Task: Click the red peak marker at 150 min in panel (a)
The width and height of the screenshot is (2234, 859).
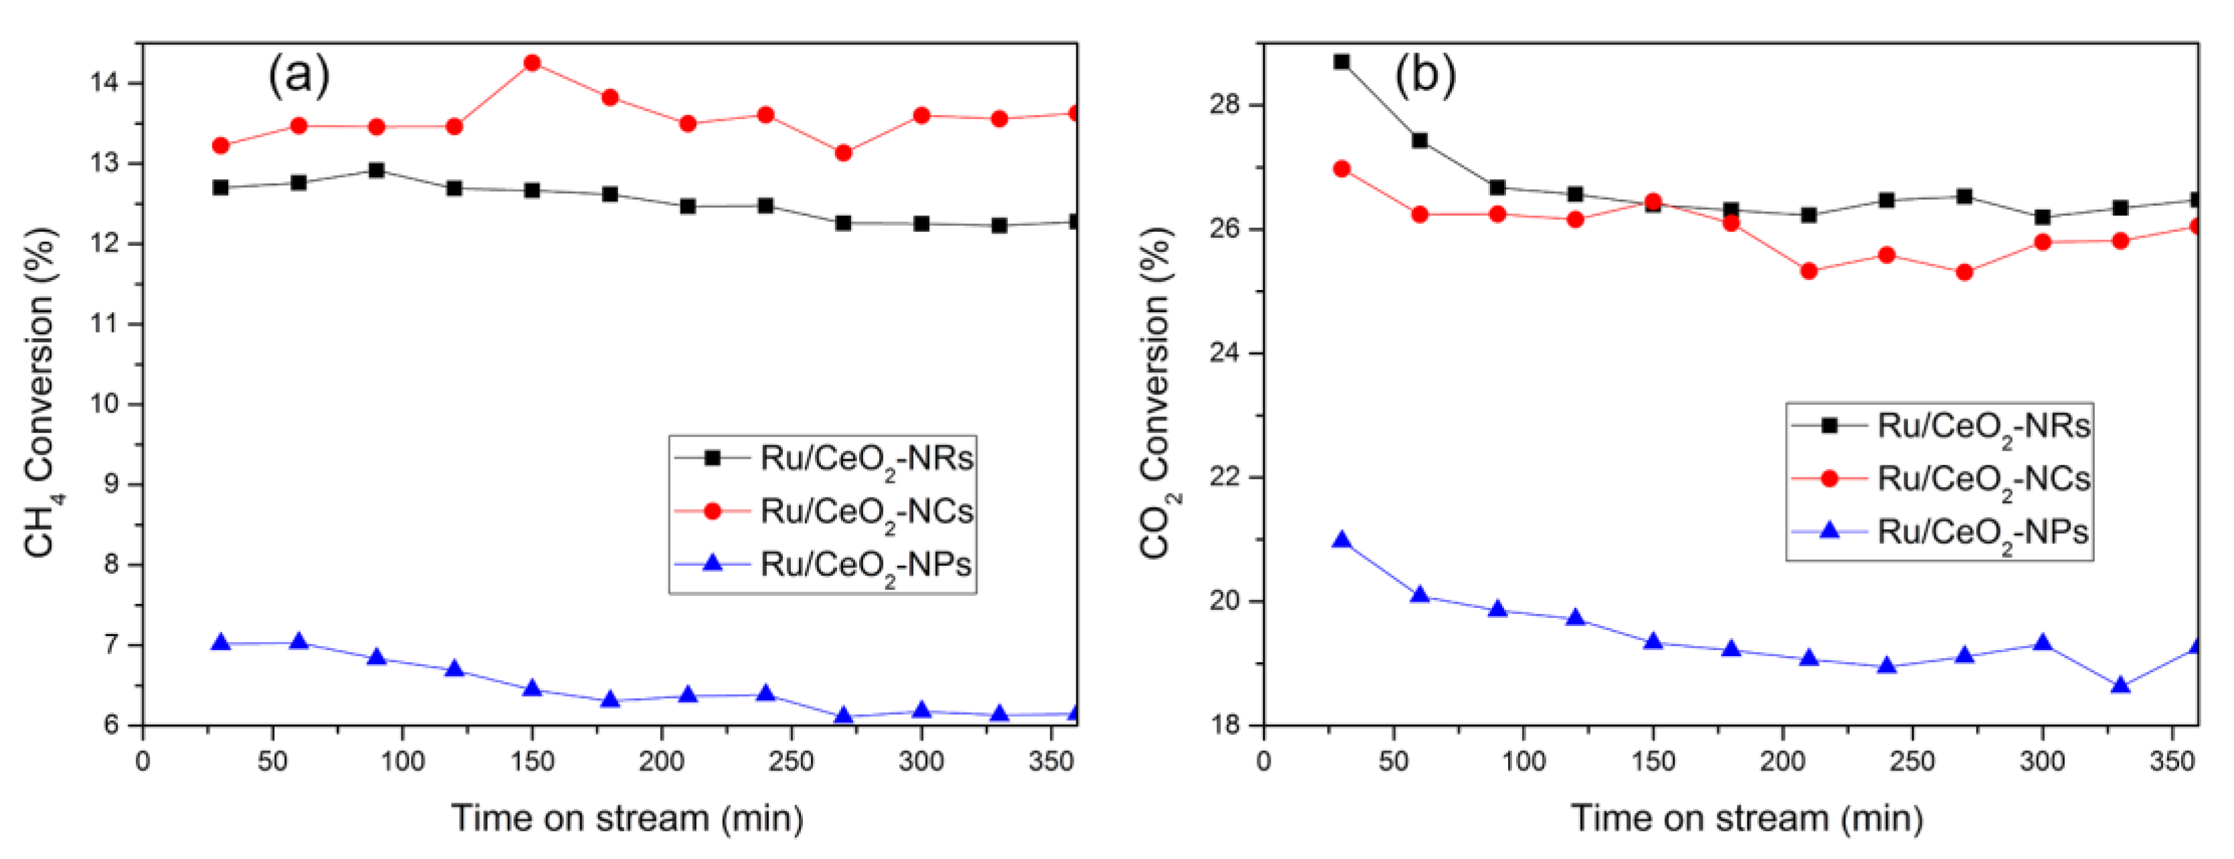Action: point(533,64)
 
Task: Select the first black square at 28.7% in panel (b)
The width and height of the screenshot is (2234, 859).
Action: point(1341,62)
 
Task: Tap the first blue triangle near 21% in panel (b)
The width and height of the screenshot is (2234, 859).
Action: point(1341,540)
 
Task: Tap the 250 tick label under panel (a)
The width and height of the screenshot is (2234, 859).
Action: point(791,762)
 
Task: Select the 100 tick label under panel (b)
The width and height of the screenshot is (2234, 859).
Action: point(1523,762)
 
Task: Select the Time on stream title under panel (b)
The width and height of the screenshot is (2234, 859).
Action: point(1747,818)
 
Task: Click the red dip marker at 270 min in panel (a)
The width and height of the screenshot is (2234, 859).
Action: point(843,153)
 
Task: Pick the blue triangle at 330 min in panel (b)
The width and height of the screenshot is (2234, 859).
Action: point(2120,686)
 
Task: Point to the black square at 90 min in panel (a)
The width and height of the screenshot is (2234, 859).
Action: point(377,170)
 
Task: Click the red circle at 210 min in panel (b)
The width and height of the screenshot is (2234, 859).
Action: point(1809,270)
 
